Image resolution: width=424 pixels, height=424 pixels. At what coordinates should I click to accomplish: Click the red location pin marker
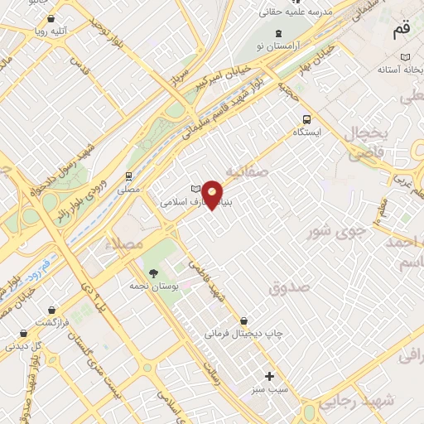pos(214,195)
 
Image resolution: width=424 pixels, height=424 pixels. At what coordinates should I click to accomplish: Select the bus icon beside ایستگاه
pos(307,118)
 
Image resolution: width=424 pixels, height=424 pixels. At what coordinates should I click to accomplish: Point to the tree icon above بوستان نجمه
pos(152,272)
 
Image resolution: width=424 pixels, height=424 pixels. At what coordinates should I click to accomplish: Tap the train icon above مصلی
pos(128,176)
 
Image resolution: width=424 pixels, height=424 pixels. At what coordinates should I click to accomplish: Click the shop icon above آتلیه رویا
pos(52,17)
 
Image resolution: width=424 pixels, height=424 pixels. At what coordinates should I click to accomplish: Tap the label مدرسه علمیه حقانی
pos(296,12)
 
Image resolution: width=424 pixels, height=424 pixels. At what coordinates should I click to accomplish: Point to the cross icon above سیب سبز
pos(269,376)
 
